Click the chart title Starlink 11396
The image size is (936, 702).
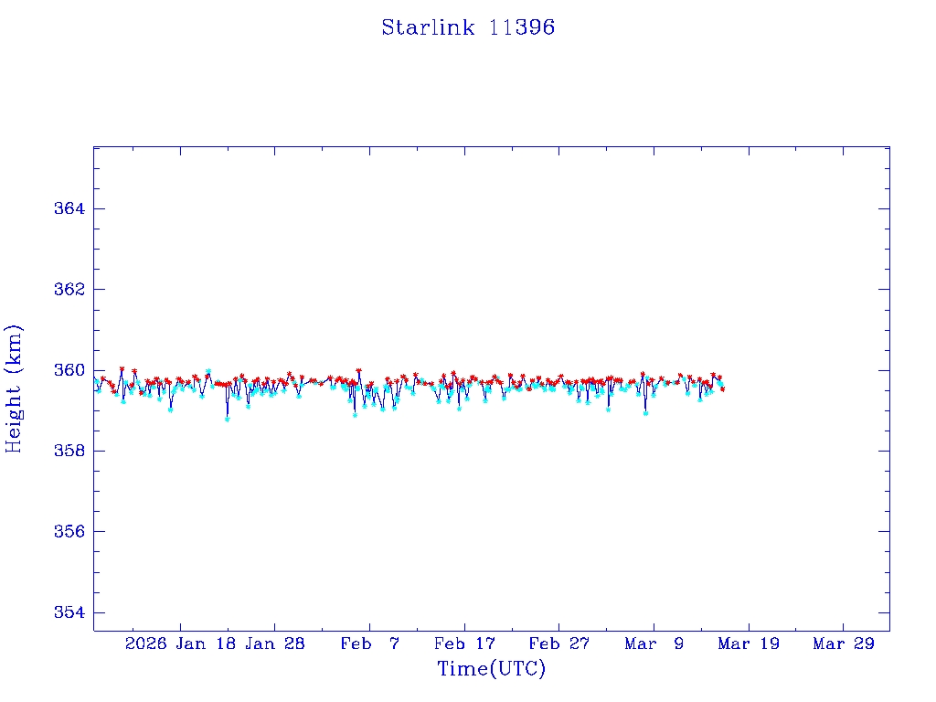pos(468,27)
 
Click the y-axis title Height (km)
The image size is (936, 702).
pos(14,388)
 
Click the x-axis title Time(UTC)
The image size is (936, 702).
pos(492,669)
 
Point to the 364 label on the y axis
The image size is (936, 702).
pos(69,209)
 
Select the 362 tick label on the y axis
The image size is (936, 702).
pos(69,290)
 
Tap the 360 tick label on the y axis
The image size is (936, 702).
pos(69,370)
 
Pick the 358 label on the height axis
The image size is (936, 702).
pos(69,451)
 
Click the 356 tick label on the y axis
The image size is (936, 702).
pos(69,531)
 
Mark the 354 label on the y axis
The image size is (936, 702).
pos(69,612)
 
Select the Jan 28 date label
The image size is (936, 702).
pos(275,644)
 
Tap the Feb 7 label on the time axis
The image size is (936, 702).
pos(370,644)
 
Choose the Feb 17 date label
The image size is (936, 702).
pos(464,644)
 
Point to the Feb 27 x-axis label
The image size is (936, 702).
pos(559,644)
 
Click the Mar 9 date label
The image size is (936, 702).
pos(654,644)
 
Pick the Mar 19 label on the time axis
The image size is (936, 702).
pos(749,644)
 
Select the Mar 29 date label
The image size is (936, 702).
pos(844,644)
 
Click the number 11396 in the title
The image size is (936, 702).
pos(521,27)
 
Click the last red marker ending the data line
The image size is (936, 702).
pos(722,389)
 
